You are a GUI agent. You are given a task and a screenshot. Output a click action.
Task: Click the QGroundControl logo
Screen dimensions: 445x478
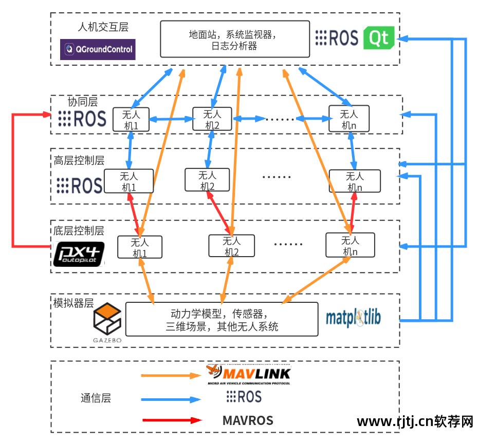tap(98, 50)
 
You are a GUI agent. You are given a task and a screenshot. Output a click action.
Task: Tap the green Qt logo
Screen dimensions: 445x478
tap(379, 38)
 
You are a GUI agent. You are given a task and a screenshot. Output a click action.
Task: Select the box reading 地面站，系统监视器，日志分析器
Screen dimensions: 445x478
tap(235, 40)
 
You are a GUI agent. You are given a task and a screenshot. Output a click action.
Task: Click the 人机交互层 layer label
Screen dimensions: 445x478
tap(103, 27)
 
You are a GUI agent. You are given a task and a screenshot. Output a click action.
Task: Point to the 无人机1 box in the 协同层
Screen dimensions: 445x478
tap(131, 120)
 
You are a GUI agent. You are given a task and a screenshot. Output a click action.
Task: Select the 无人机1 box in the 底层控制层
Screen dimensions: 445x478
tap(140, 247)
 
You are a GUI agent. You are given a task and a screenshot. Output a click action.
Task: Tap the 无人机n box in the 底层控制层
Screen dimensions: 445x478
tap(350, 245)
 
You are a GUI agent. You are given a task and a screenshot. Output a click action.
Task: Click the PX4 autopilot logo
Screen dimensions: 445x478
tap(79, 254)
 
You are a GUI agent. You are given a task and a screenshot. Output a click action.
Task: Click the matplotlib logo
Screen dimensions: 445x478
tap(354, 318)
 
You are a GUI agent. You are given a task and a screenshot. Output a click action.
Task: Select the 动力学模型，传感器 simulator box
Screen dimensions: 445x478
tap(222, 319)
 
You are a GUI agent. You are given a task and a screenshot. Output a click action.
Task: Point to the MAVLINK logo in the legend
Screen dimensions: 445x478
tap(249, 375)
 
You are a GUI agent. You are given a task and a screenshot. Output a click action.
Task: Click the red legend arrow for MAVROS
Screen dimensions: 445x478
tap(172, 420)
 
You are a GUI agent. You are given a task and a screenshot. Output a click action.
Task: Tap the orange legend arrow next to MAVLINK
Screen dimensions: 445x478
tap(171, 376)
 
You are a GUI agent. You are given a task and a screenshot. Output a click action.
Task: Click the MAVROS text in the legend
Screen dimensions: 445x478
tap(248, 421)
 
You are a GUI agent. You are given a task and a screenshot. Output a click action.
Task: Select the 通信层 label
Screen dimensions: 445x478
tap(96, 398)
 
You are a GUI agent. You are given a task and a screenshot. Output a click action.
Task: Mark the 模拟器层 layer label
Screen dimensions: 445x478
tap(73, 302)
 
